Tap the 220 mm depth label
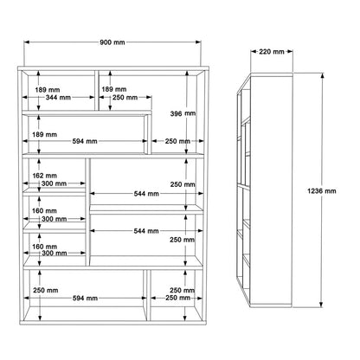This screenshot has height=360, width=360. point(271,51)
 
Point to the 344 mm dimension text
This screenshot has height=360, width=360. point(58,99)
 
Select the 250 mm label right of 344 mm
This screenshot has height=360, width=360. point(125,99)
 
